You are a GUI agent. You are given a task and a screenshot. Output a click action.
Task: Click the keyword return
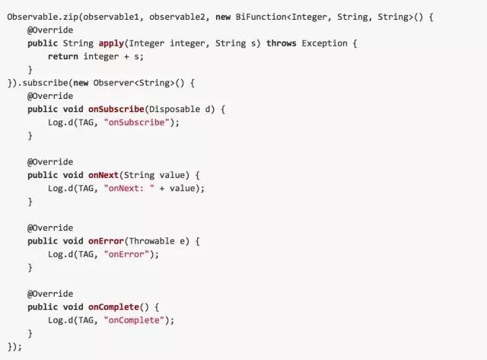(62, 56)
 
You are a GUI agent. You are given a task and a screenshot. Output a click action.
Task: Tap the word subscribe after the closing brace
(45, 82)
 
